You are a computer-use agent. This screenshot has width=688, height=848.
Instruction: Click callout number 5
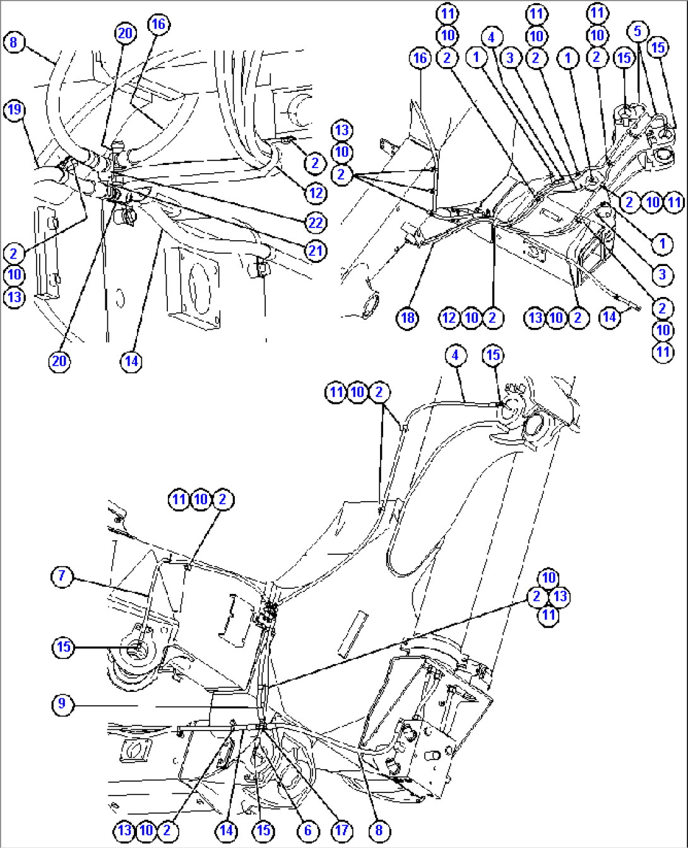point(638,31)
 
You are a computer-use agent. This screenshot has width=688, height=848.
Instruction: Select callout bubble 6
point(307,830)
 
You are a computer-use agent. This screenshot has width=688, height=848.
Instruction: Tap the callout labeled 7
point(62,576)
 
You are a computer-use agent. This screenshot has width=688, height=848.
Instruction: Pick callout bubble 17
point(341,830)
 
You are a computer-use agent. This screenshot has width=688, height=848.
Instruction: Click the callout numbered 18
point(408,317)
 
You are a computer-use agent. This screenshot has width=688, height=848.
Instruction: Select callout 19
point(14,110)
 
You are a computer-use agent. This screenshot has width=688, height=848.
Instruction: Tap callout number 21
point(316,250)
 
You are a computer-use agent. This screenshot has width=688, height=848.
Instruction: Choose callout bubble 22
point(316,222)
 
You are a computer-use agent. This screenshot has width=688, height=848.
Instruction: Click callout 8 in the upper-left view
point(14,43)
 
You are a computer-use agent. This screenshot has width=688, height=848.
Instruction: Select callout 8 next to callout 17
point(379,830)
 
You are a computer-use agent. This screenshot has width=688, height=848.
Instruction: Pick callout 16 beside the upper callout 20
point(158,24)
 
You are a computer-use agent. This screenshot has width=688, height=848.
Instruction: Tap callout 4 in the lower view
point(456,355)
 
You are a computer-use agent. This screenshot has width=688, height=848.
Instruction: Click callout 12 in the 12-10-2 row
point(449,317)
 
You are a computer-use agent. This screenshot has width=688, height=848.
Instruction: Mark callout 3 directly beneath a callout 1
point(662,274)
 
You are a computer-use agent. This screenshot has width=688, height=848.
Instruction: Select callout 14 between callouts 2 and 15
point(226,830)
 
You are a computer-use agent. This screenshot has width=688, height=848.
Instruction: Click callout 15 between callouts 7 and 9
point(64,646)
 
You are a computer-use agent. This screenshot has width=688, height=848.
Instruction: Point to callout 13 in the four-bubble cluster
point(560,596)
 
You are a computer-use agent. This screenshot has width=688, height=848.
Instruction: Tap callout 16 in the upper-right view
point(420,58)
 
